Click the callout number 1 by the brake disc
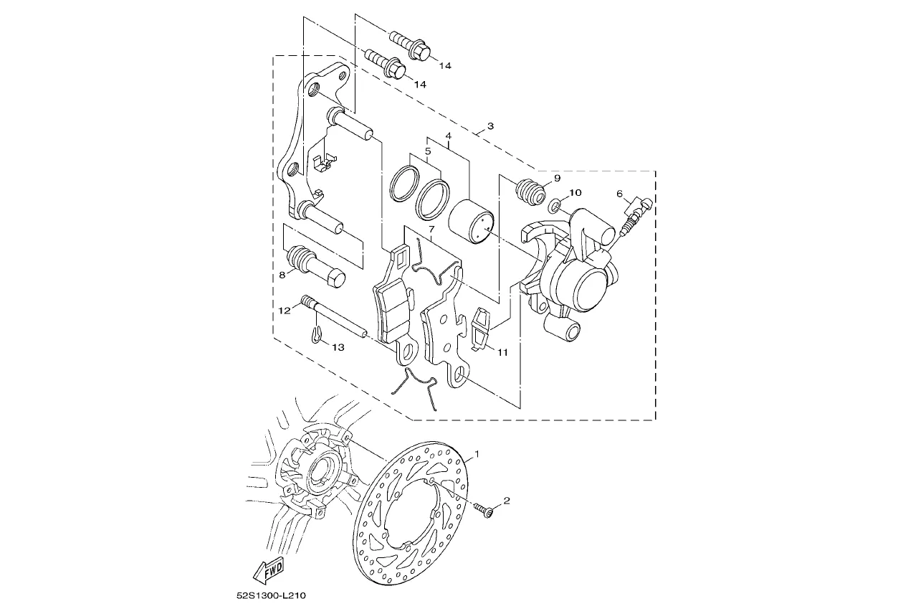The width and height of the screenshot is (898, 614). coord(477,454)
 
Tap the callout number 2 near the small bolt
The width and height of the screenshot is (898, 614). coord(507,501)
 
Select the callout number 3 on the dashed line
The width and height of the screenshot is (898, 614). coord(490,126)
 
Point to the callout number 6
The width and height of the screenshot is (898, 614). coord(619,194)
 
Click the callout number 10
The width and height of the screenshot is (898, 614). coord(575,193)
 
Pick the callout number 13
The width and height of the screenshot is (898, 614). coord(338,347)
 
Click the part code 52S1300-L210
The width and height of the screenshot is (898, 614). coord(271,595)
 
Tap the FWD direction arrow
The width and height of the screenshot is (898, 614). coord(269,571)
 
